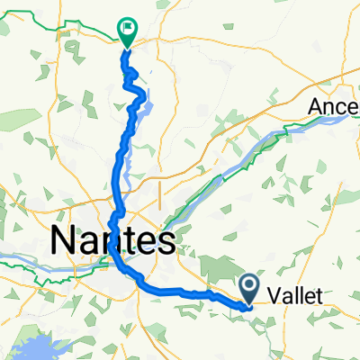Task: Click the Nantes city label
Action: (112, 241)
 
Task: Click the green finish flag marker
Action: (127, 33)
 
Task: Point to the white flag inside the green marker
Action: (128, 30)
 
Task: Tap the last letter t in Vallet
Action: (319, 293)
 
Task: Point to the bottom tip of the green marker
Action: (127, 46)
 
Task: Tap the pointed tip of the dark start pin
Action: (251, 302)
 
